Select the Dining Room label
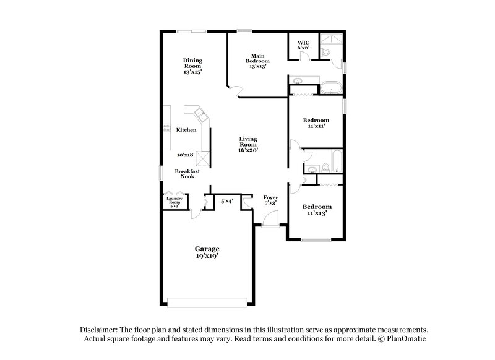pyautogui.click(x=192, y=62)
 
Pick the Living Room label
pyautogui.click(x=248, y=142)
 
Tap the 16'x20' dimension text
pyautogui.click(x=248, y=150)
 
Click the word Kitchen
pyautogui.click(x=186, y=130)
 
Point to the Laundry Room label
pyautogui.click(x=174, y=200)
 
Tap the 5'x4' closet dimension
pyautogui.click(x=227, y=201)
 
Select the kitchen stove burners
pyautogui.click(x=166, y=129)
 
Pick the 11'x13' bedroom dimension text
pyautogui.click(x=316, y=213)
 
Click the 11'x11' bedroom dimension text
pyautogui.click(x=315, y=126)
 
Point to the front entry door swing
pyautogui.click(x=270, y=218)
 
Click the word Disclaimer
pyautogui.click(x=98, y=331)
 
